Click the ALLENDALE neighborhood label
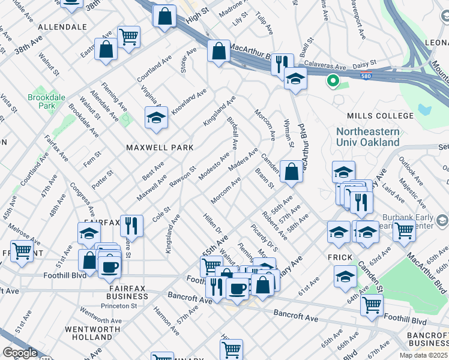click(x=62, y=28)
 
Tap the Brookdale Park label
click(x=41, y=100)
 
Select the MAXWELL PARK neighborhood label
click(x=159, y=147)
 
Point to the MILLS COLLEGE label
click(x=380, y=116)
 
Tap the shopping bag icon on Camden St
click(x=291, y=172)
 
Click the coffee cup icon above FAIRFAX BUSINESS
click(x=109, y=267)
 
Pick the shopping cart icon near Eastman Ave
click(x=129, y=37)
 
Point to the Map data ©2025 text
click(x=423, y=355)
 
